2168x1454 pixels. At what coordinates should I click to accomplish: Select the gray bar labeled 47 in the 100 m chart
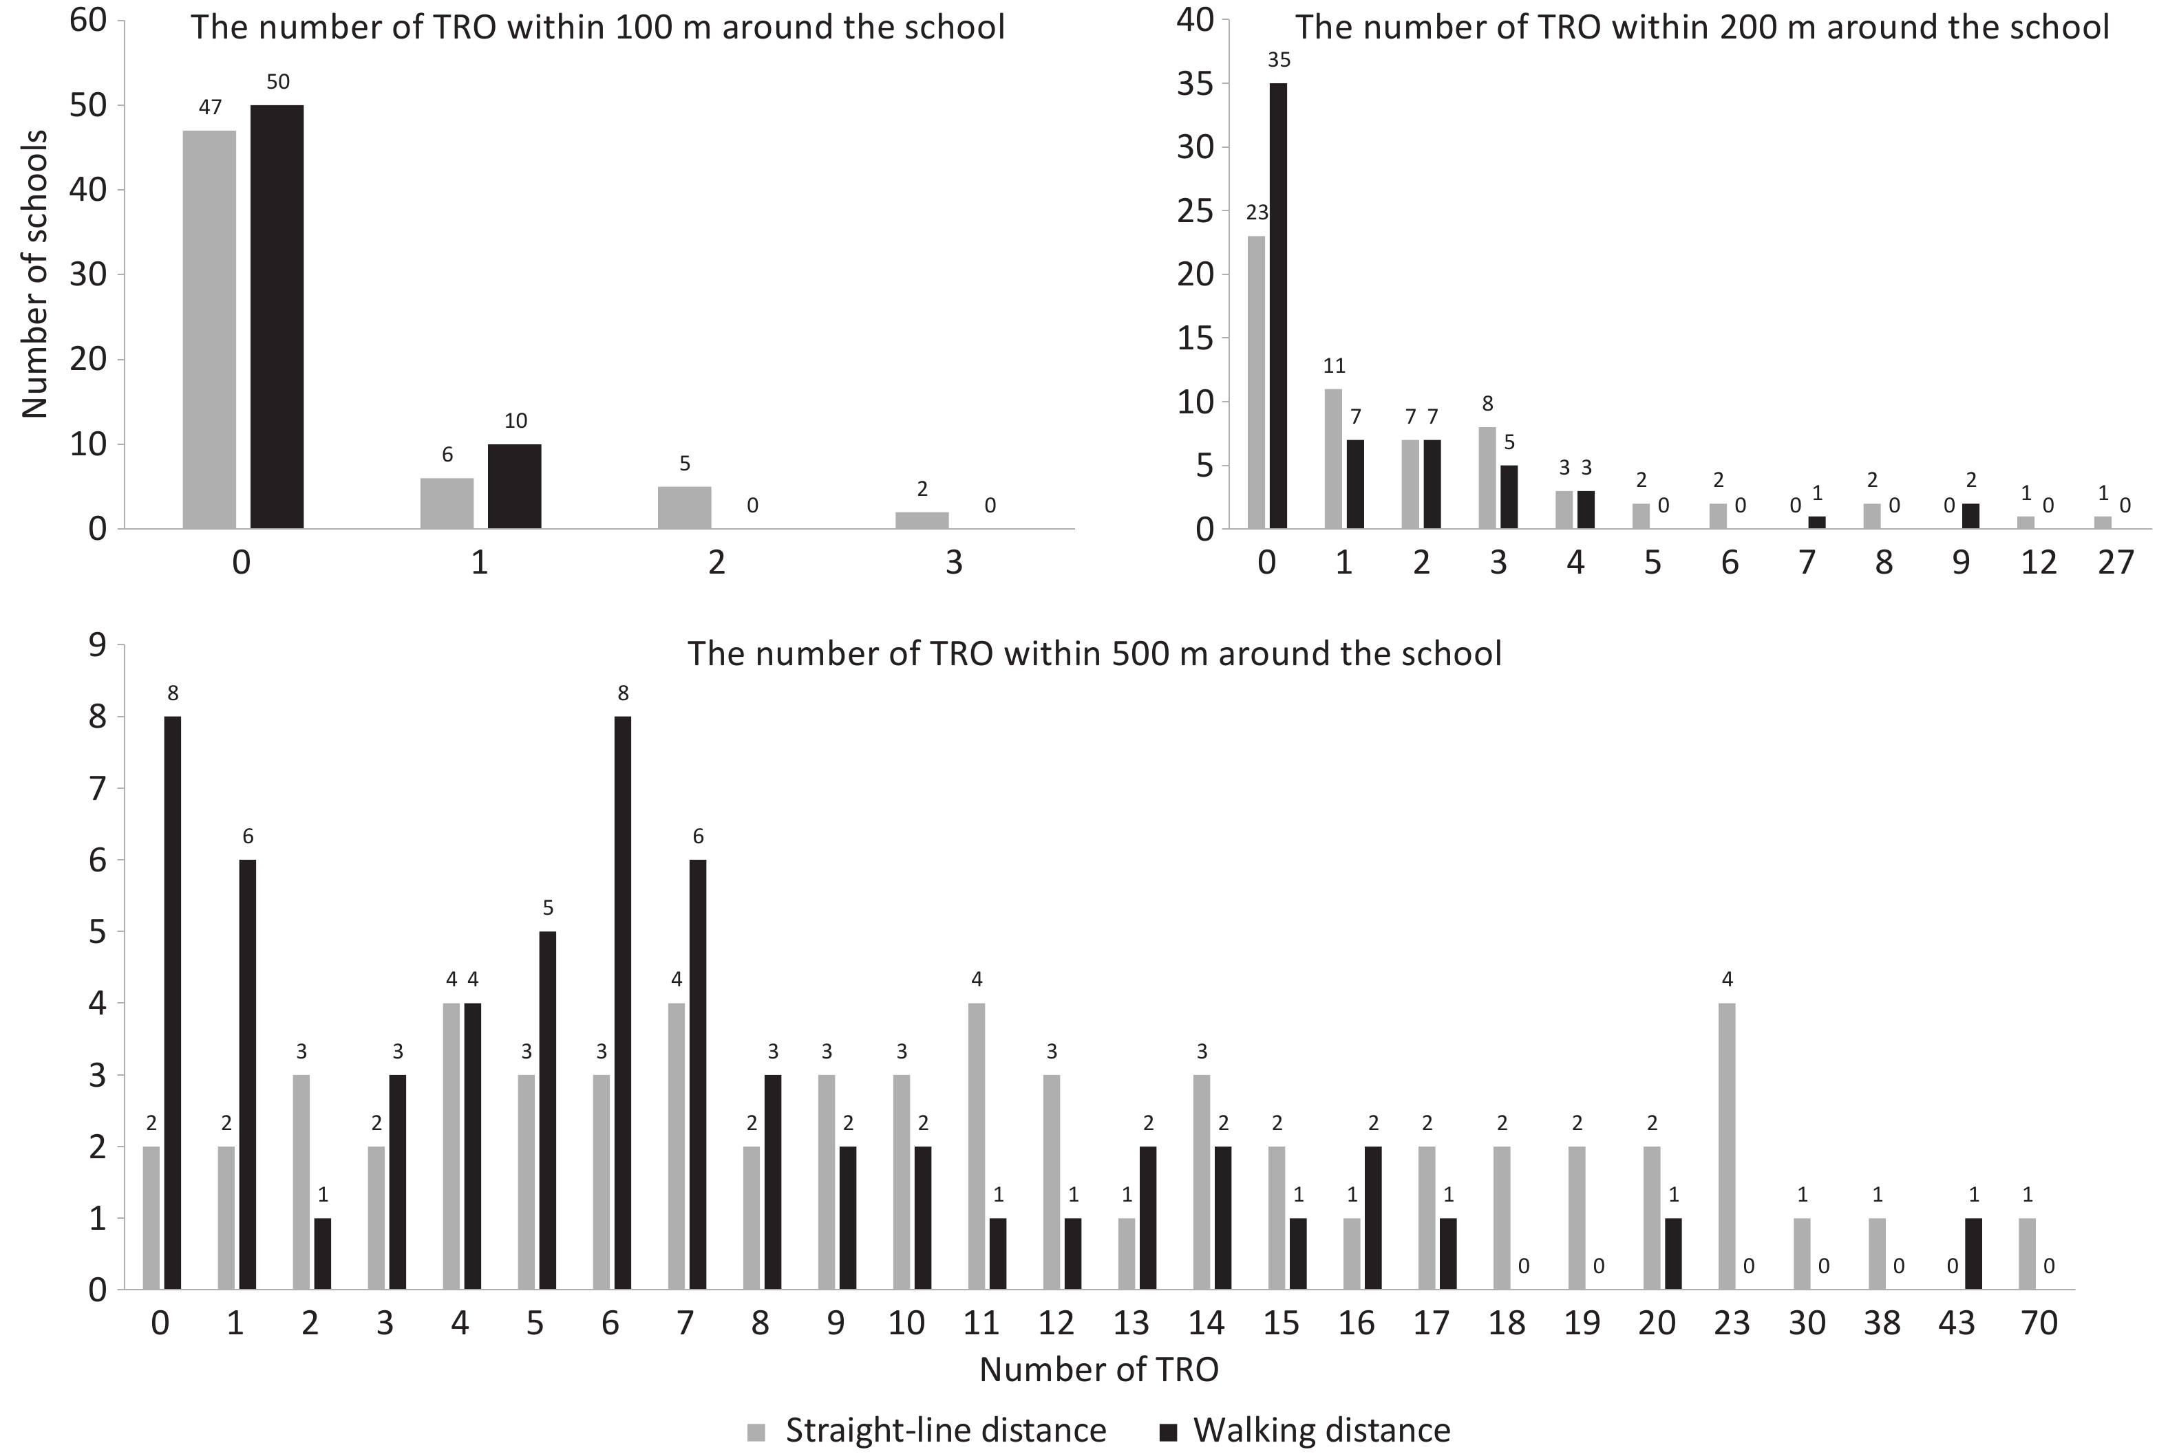(x=210, y=329)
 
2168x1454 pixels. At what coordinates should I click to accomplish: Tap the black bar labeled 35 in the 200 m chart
(x=1278, y=306)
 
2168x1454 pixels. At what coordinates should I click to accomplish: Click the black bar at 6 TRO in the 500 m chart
(x=622, y=1002)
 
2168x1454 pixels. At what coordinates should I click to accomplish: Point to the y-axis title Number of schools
(x=35, y=274)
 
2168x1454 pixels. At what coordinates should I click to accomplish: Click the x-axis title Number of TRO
(x=1098, y=1369)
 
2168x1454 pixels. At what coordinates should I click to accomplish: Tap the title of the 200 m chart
(x=1701, y=27)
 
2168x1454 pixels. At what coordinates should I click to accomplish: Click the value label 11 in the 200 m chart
(x=1334, y=365)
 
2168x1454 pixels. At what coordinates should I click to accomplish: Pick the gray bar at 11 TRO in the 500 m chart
(x=976, y=1146)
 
